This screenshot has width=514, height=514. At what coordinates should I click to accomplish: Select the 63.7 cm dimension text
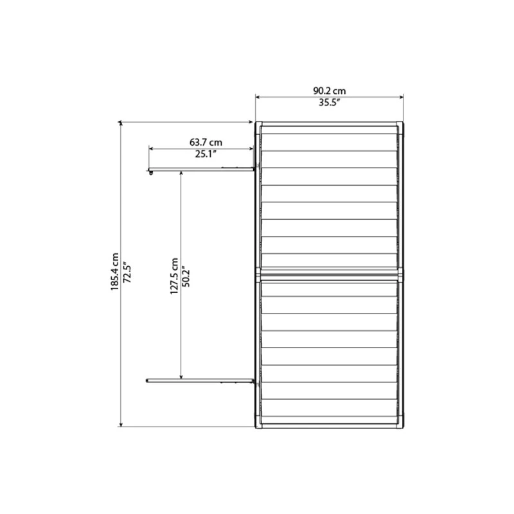206,141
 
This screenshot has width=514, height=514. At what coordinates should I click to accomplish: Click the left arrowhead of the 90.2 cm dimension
258,97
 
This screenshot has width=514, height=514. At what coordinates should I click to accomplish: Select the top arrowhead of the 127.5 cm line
181,173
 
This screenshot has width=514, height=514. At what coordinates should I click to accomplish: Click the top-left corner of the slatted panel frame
257,123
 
